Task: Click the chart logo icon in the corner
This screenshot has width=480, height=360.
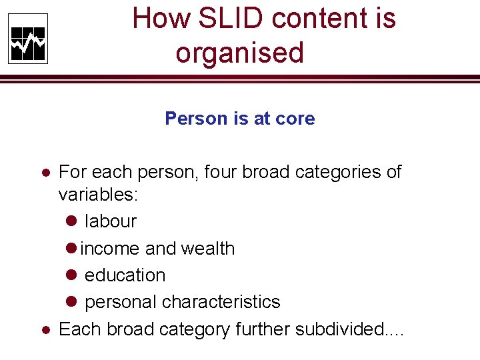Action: [28, 39]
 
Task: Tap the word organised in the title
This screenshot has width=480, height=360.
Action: [239, 53]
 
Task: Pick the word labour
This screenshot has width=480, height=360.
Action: [111, 221]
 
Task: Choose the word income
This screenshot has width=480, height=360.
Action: [110, 249]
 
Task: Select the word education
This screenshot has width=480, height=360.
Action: [125, 275]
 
